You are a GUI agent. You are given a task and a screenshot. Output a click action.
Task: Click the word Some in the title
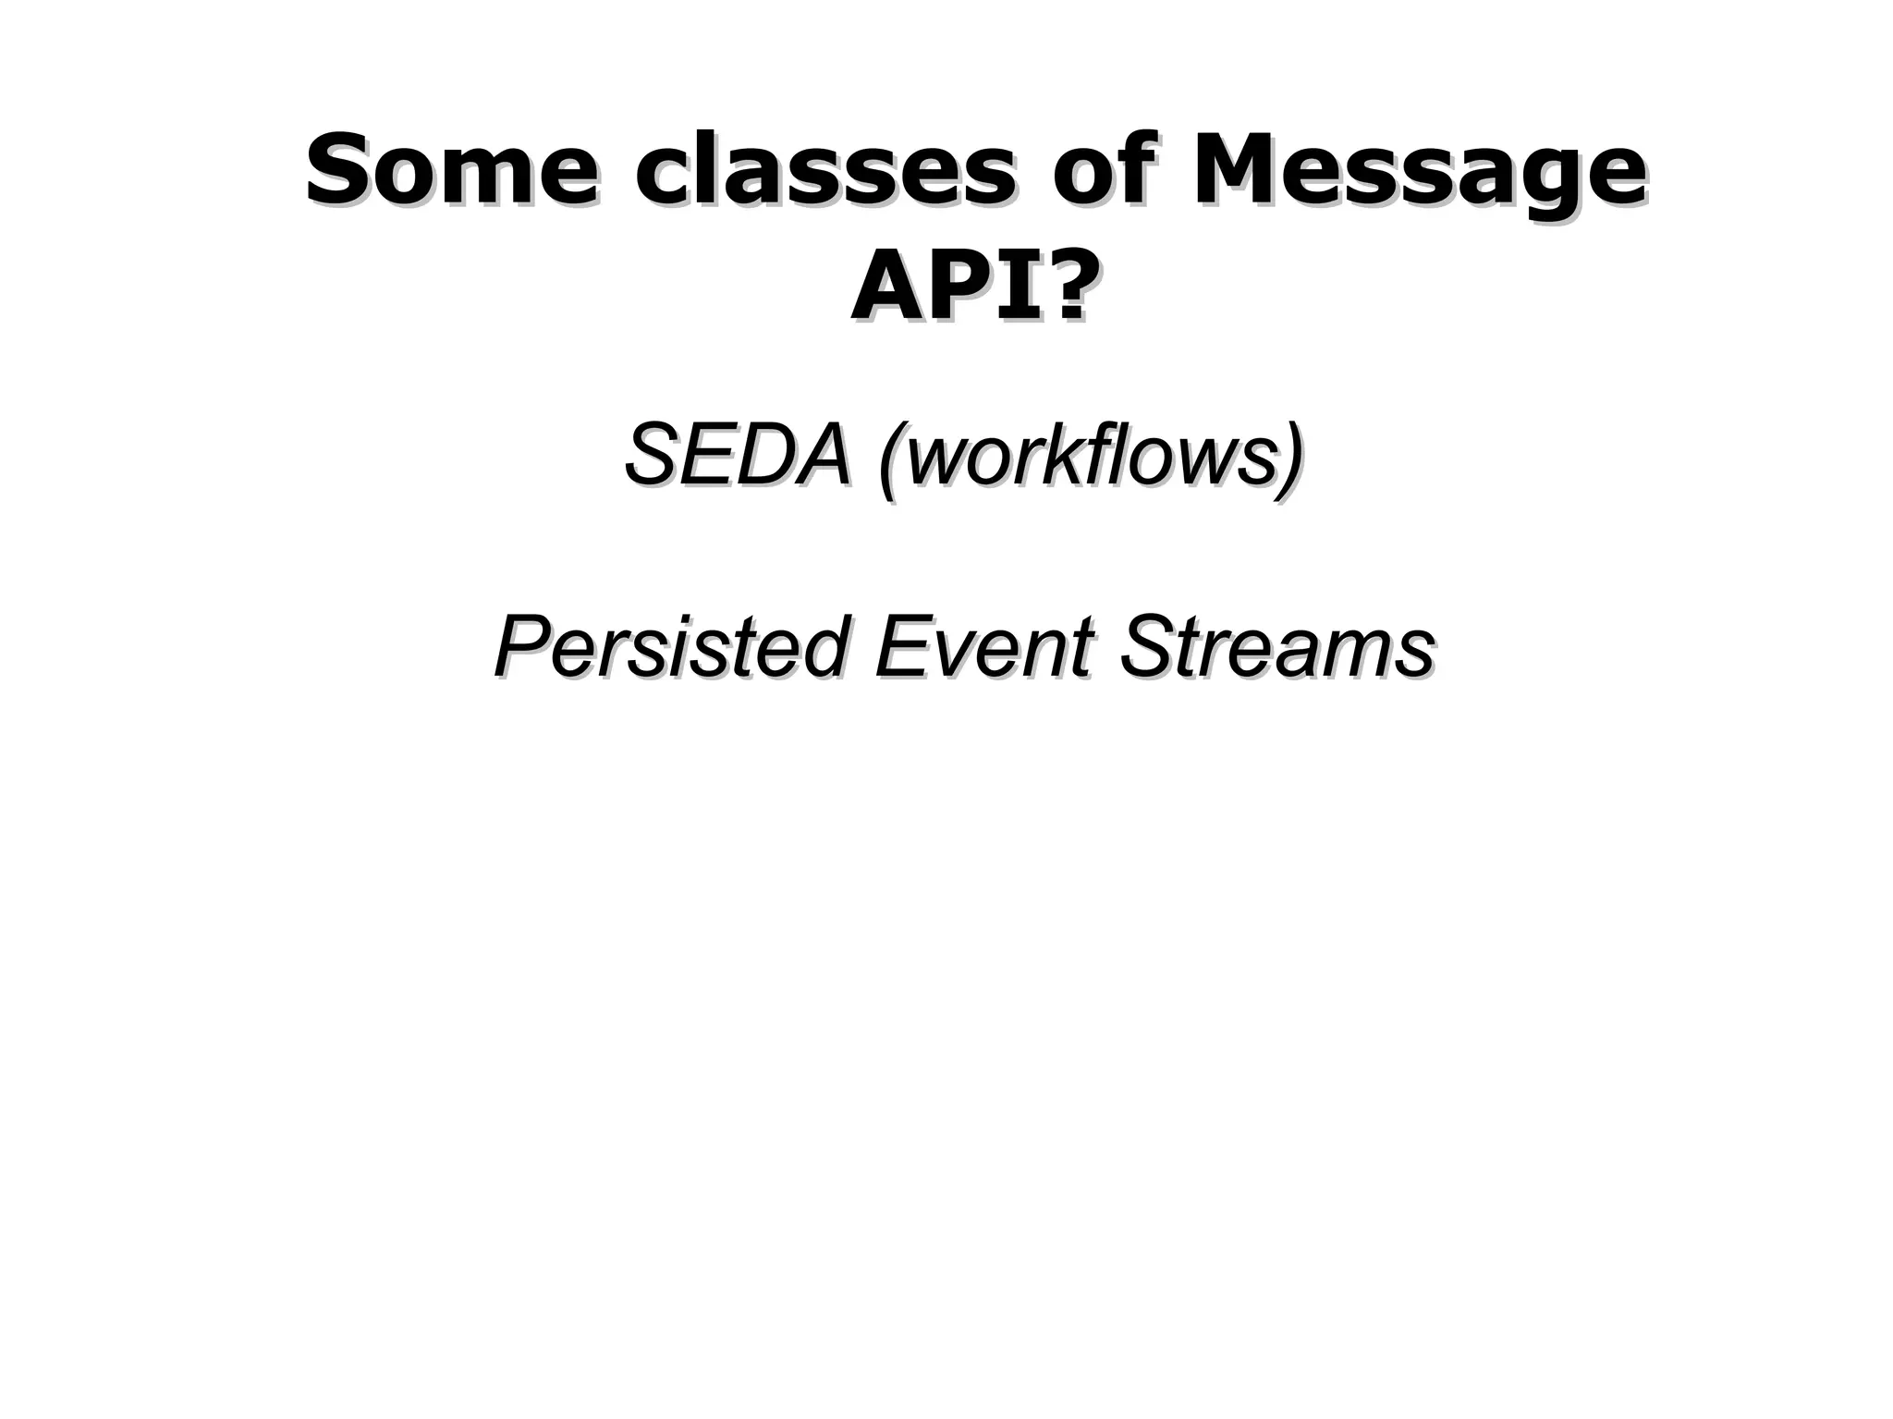coord(449,170)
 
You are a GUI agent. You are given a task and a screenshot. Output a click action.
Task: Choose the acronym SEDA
coord(736,455)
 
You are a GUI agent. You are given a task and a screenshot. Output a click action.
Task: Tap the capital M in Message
coord(1237,170)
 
